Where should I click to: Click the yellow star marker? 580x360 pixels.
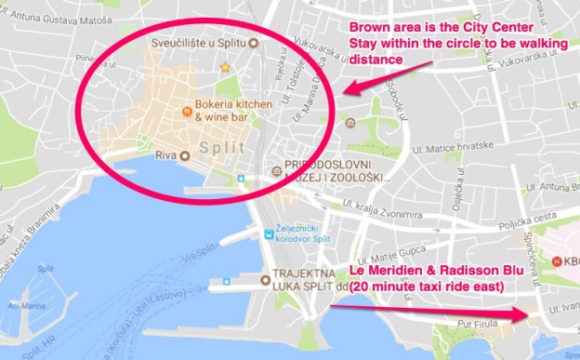pos(224,67)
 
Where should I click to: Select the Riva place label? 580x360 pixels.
pos(164,155)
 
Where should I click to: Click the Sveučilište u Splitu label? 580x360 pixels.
pos(204,44)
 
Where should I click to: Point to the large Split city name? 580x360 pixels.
pos(221,148)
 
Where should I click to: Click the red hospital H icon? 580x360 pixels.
pos(558,260)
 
